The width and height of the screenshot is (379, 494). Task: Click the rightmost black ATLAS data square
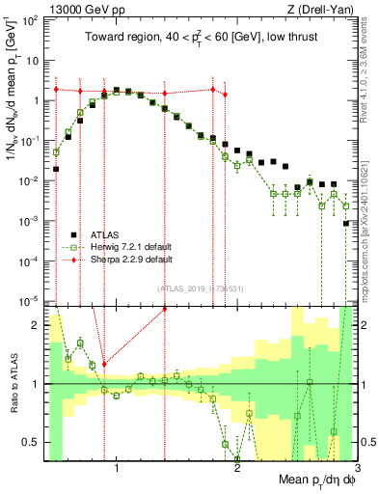click(x=345, y=224)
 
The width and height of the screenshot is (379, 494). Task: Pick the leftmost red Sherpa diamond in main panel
click(x=56, y=90)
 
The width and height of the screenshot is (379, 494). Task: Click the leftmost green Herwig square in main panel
click(x=56, y=151)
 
